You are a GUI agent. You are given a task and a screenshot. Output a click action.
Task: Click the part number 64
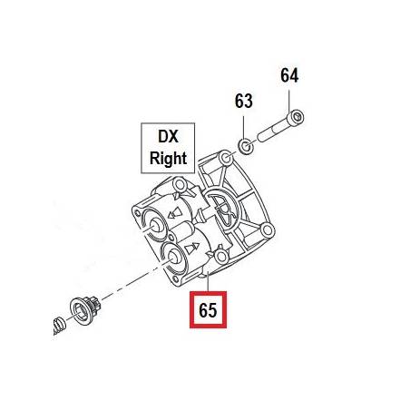[289, 75]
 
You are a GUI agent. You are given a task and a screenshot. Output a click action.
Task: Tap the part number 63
[243, 101]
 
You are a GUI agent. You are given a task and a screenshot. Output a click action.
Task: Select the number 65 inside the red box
[208, 310]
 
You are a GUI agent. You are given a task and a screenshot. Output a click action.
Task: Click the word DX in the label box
[168, 137]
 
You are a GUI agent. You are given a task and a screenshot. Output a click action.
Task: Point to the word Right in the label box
[168, 158]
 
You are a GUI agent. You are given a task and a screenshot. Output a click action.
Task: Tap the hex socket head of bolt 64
[297, 117]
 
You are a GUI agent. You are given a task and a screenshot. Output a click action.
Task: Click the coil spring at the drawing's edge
[59, 326]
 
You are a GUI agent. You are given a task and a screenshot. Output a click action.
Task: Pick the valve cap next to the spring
[84, 309]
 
